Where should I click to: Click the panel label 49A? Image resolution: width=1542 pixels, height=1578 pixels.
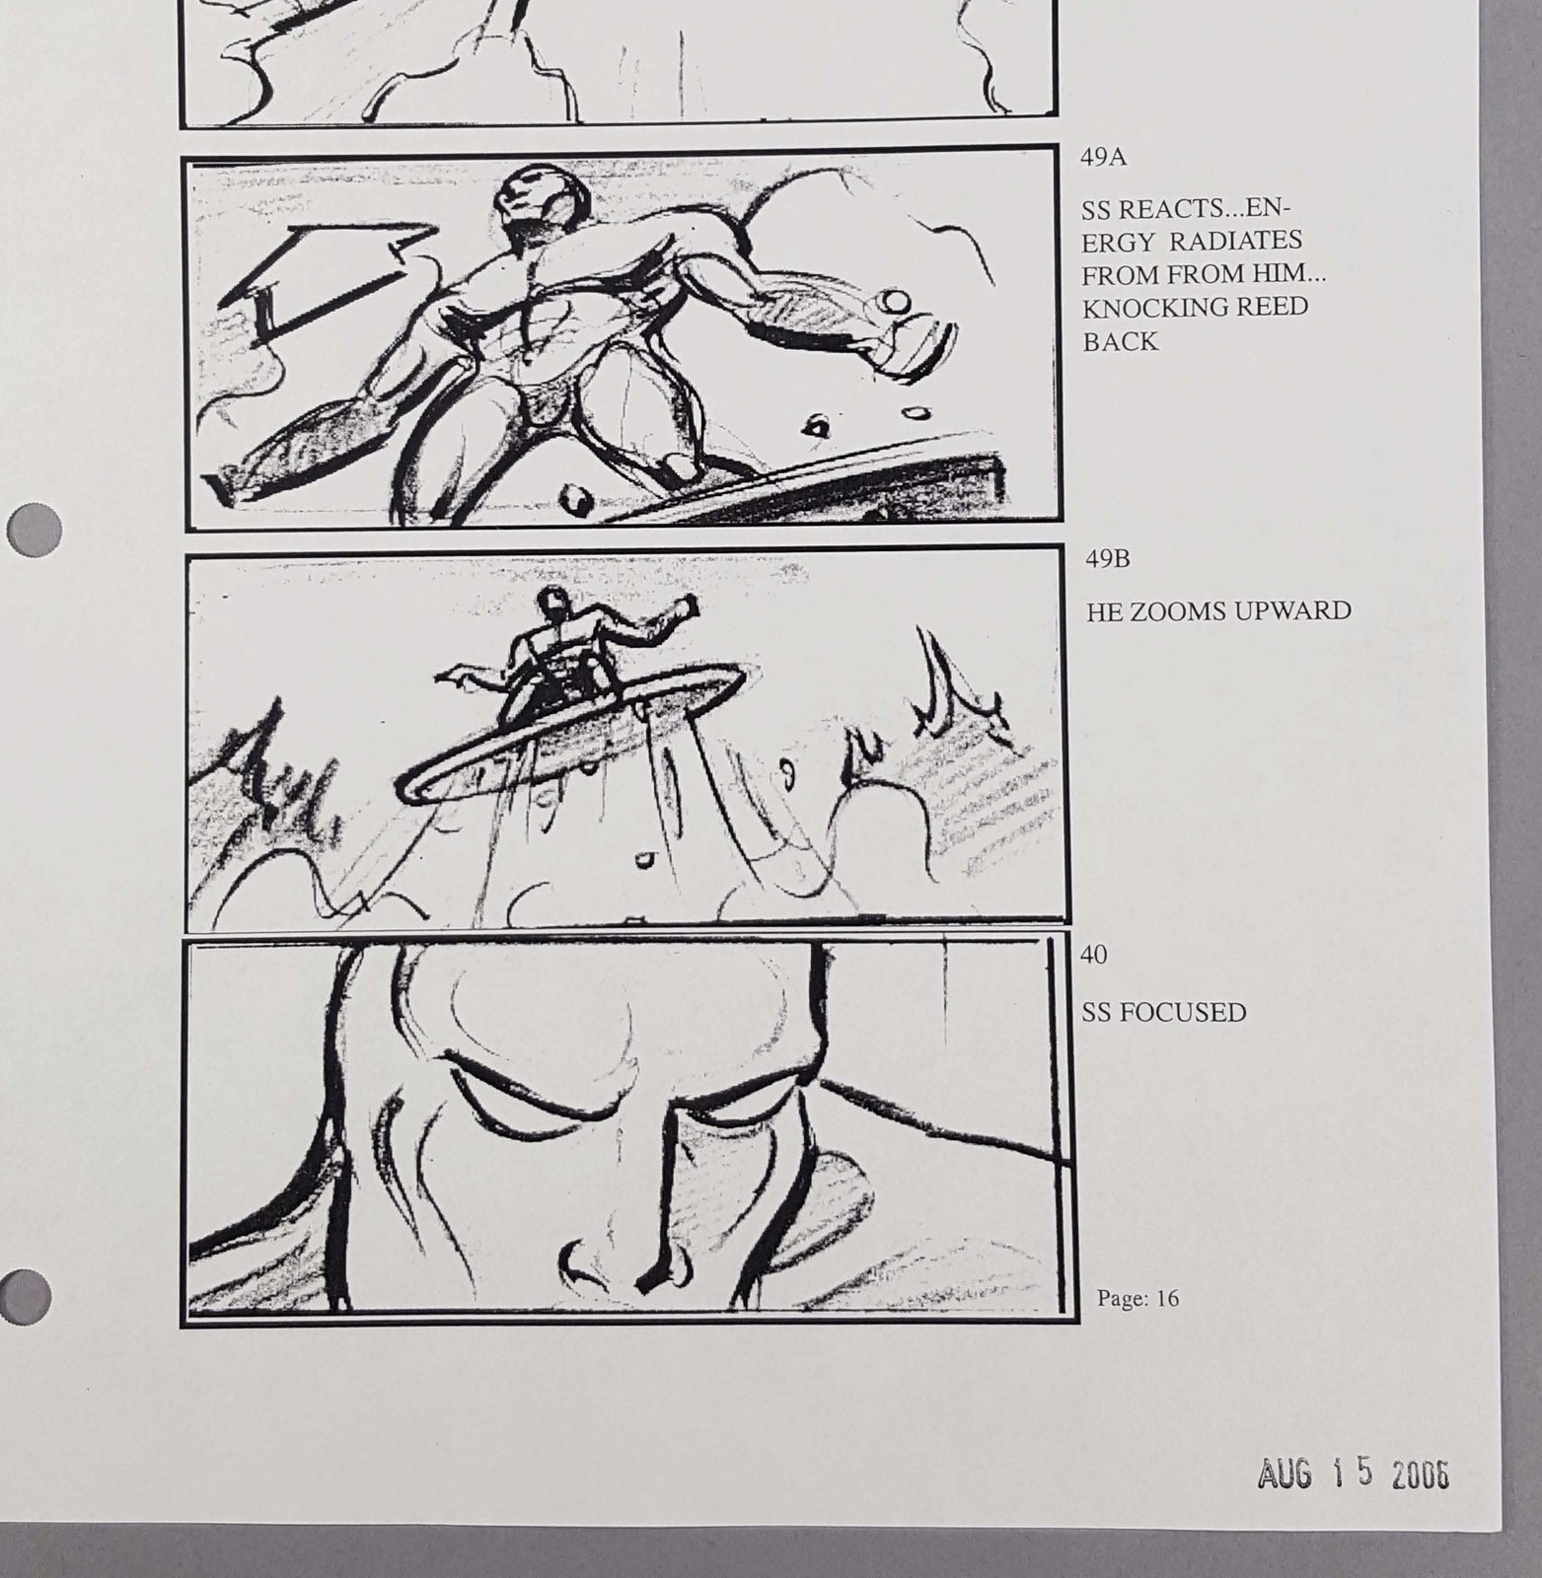(x=1104, y=158)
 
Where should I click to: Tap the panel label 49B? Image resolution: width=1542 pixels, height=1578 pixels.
(x=1108, y=559)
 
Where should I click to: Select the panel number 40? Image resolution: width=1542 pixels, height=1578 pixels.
(x=1094, y=955)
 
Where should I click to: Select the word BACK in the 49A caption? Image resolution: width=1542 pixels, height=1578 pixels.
(x=1120, y=341)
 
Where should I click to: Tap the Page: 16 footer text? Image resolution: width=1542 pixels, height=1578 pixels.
(x=1138, y=1298)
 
